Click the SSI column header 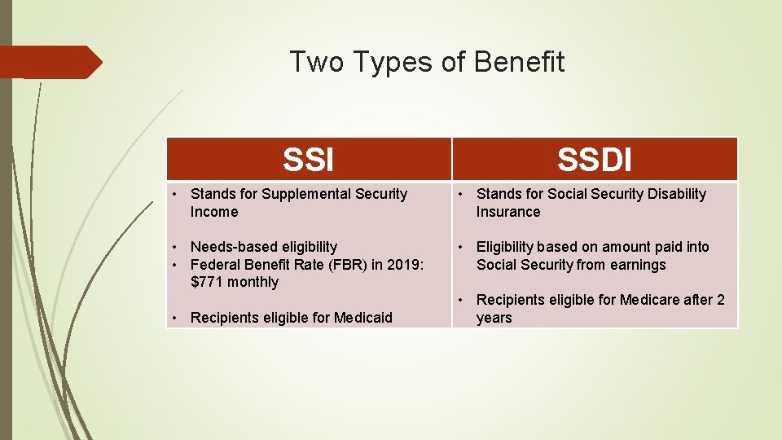[309, 160]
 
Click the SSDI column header [595, 160]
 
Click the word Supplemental [309, 194]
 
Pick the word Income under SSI [214, 212]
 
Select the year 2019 [402, 265]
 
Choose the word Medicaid [359, 318]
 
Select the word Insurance [508, 212]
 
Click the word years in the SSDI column [494, 318]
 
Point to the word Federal [214, 265]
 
